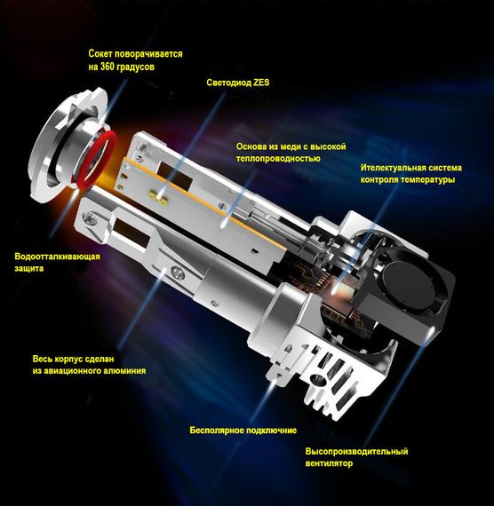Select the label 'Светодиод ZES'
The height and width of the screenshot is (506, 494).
(238, 83)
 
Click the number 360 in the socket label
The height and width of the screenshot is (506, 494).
(107, 67)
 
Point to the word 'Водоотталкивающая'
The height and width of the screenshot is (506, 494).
(57, 257)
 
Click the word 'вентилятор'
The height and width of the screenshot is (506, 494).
(329, 463)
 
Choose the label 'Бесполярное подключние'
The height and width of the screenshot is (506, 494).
(243, 431)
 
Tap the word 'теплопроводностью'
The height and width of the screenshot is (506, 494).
(278, 158)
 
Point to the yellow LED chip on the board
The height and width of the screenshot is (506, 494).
(159, 197)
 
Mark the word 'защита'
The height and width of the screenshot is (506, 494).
(28, 268)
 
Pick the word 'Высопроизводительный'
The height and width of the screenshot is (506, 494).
(356, 452)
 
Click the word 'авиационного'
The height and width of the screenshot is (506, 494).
(72, 371)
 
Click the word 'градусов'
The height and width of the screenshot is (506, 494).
(135, 67)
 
